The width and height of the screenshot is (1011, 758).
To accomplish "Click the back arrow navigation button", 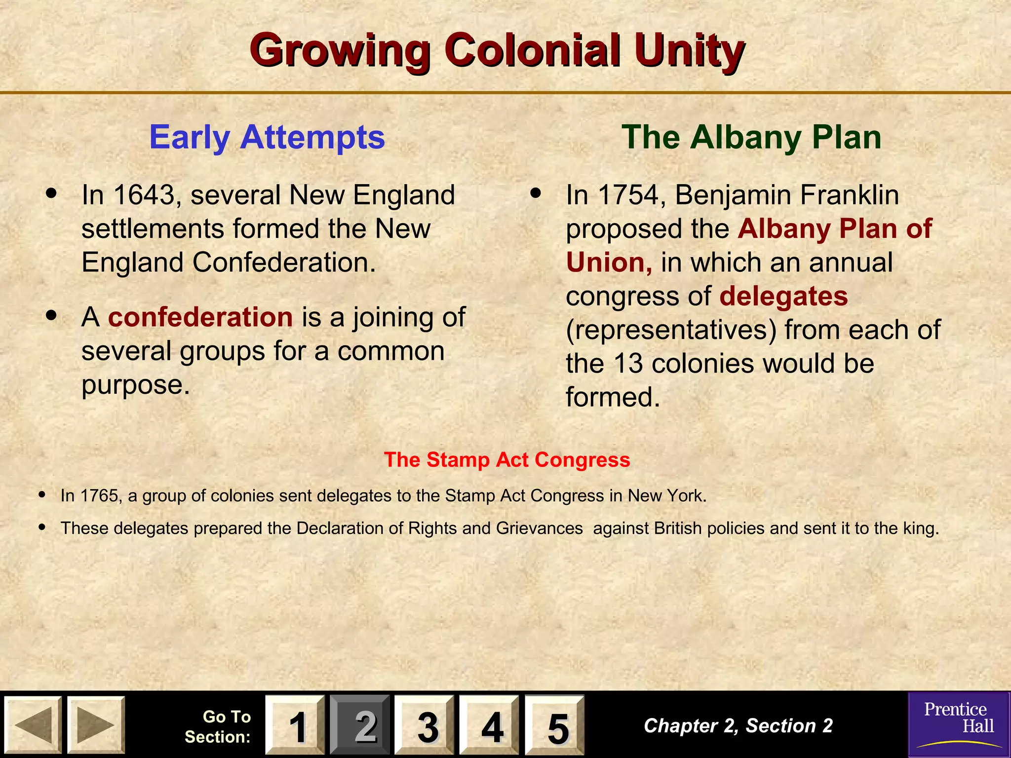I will pos(33,724).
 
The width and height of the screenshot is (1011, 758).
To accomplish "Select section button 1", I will pos(295,725).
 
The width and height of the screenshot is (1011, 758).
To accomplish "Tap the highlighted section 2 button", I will pos(360,725).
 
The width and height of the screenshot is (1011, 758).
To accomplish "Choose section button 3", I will pos(425,725).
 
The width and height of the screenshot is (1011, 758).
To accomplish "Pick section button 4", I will pos(490,725).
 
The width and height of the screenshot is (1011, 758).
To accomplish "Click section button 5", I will pos(555,725).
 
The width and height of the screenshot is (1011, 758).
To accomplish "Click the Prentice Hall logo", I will pos(959,724).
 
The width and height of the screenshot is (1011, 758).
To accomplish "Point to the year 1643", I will pos(144,195).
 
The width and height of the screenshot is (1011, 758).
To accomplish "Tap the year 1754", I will pos(628,195).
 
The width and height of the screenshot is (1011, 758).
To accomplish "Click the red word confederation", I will pos(200,317).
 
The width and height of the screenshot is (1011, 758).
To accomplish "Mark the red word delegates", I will pos(783,296).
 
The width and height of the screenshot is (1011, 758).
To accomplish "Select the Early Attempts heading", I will pos(267,137).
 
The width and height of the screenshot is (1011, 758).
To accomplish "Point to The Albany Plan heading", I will pos(751,137).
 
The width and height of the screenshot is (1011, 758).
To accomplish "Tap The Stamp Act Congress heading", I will pos(507,459).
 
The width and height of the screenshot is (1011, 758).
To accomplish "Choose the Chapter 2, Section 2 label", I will pos(738,725).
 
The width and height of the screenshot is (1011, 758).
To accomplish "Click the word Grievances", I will pos(539,528).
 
